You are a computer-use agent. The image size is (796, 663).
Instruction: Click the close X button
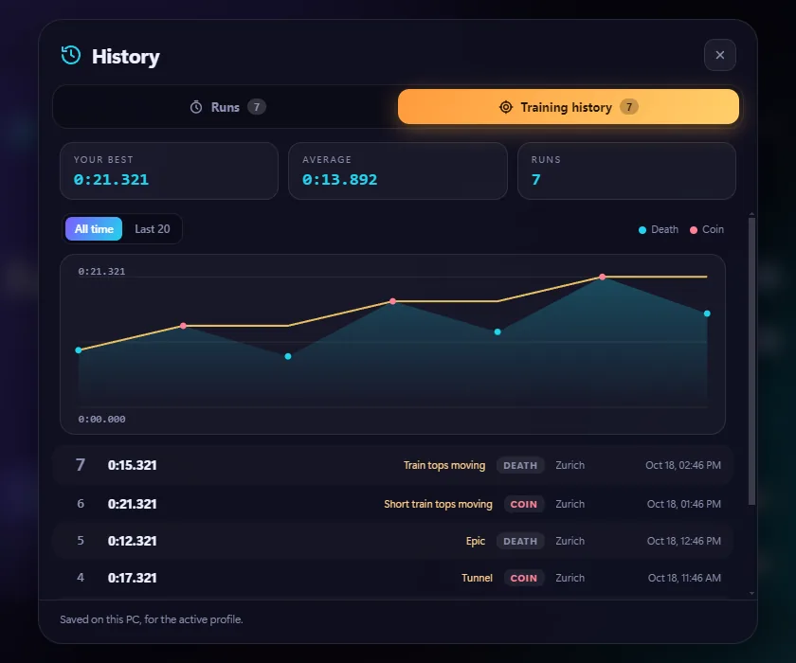coord(720,55)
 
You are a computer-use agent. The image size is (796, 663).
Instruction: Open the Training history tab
coord(568,107)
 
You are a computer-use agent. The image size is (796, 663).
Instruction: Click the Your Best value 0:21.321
coord(111,180)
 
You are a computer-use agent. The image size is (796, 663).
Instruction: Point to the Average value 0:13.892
coord(339,180)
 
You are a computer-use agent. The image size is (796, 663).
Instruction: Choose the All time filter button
coord(94,229)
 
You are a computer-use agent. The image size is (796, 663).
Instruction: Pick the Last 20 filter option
coord(153,229)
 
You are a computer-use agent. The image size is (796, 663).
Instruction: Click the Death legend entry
coord(659,229)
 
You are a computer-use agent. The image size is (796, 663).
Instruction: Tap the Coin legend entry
coord(707,229)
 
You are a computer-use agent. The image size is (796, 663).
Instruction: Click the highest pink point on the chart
coord(602,277)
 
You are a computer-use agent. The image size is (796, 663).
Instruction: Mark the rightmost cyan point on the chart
coord(707,314)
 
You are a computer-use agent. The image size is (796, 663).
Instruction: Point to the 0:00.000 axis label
coord(101,419)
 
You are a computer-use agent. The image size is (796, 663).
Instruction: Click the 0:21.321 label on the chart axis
coord(101,272)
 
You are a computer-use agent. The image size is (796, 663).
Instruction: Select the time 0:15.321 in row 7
coord(132,465)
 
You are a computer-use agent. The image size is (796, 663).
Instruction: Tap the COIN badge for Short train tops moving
coord(523,504)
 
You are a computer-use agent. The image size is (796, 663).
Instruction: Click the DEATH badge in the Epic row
coord(520,541)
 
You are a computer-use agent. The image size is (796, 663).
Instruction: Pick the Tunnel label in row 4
coord(477,578)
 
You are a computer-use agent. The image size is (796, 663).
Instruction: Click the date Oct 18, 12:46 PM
coord(684,541)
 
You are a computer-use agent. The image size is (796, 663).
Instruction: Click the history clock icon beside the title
coord(70,55)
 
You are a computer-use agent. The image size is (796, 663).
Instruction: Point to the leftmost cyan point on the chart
coord(78,350)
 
